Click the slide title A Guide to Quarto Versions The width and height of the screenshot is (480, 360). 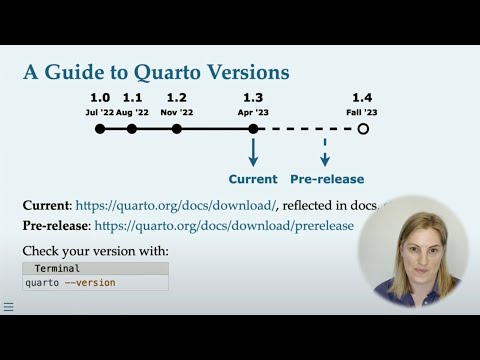(156, 72)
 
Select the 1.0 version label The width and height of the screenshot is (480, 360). (100, 98)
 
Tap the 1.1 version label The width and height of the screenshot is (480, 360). (132, 98)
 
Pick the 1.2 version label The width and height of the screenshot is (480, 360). (177, 98)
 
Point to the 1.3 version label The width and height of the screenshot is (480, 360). (253, 98)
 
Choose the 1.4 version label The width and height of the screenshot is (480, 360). (362, 98)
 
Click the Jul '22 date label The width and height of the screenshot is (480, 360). (99, 112)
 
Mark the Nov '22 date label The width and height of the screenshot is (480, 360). (177, 112)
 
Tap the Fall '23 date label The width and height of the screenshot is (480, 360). (362, 112)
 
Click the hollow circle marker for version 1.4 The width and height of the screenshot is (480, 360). (363, 129)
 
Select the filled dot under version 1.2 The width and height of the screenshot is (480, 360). (177, 129)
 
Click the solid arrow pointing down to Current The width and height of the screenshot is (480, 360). (253, 151)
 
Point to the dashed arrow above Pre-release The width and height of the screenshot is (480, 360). (325, 151)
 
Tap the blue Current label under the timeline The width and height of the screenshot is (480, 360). (253, 179)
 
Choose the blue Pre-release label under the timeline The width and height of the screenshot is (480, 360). (325, 179)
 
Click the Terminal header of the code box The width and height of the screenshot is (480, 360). (57, 269)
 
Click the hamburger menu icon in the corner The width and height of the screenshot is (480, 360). (8, 307)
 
